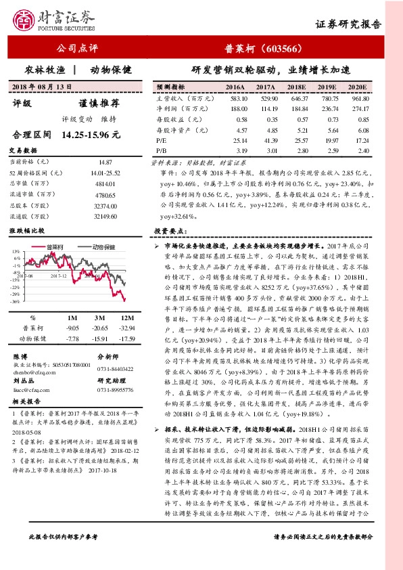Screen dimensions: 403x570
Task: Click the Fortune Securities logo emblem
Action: pos(25,21)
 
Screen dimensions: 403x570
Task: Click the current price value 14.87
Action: pos(105,163)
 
